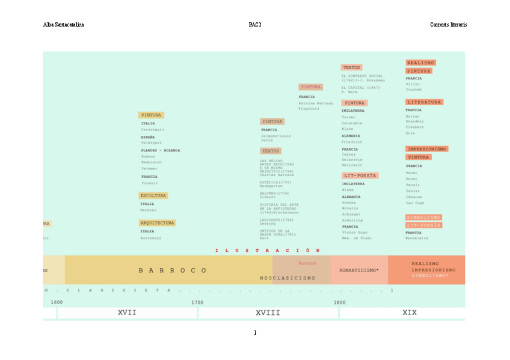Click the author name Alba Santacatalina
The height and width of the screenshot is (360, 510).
click(x=63, y=25)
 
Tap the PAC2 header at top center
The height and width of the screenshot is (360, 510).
click(x=254, y=25)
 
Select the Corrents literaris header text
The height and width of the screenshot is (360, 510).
click(x=448, y=25)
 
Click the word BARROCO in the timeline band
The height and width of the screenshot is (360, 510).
click(x=173, y=270)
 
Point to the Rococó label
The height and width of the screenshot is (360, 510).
click(x=307, y=263)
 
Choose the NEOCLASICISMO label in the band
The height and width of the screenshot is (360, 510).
click(x=287, y=278)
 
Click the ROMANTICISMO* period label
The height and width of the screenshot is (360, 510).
click(x=358, y=270)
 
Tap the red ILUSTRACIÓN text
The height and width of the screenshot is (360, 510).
click(x=268, y=250)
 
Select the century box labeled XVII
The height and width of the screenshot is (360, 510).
click(x=127, y=313)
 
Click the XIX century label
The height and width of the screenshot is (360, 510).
click(x=410, y=313)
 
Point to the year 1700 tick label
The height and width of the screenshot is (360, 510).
click(x=197, y=302)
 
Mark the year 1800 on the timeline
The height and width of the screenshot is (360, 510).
click(x=340, y=302)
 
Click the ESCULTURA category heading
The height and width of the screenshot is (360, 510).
click(x=153, y=196)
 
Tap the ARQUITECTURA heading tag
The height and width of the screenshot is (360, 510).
click(x=157, y=223)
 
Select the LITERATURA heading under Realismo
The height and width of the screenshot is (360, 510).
click(x=424, y=102)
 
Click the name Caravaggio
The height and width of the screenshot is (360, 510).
click(x=153, y=129)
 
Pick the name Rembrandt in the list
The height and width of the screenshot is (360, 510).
click(x=152, y=162)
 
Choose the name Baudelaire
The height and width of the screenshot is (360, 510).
click(x=417, y=238)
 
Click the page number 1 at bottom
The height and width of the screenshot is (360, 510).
click(x=254, y=332)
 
